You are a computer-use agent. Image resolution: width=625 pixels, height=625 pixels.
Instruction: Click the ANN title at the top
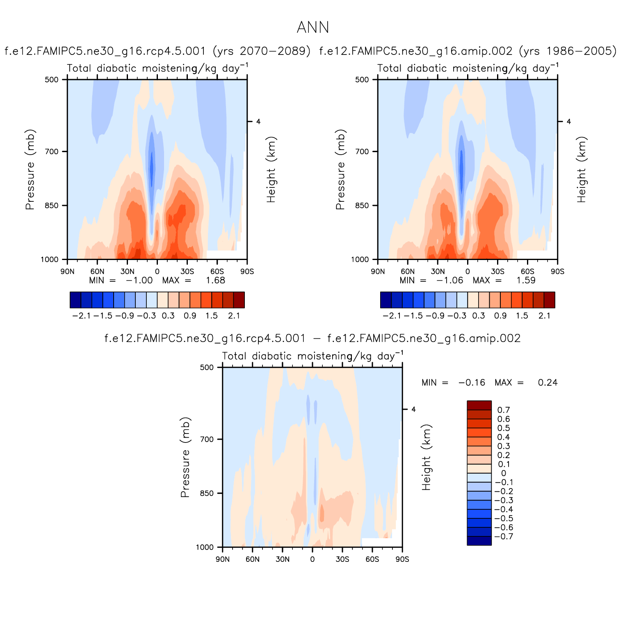click(x=312, y=28)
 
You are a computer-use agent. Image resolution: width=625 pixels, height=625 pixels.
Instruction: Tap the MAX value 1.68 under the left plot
click(x=216, y=281)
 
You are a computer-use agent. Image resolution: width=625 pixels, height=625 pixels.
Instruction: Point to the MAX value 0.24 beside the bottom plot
click(x=547, y=383)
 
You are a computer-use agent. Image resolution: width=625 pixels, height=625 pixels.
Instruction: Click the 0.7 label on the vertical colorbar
click(x=504, y=410)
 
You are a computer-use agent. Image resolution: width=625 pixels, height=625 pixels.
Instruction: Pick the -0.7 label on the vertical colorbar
click(x=504, y=536)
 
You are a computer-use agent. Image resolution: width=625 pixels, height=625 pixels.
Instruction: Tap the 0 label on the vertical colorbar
click(x=504, y=473)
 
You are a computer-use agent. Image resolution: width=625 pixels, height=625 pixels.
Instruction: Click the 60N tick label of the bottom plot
click(x=253, y=559)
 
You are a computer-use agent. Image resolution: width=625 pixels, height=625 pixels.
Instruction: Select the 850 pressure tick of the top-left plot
click(x=52, y=205)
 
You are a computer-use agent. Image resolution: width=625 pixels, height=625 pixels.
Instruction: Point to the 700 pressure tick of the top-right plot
click(x=362, y=152)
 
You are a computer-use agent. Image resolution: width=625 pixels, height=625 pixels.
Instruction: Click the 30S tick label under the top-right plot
click(x=497, y=271)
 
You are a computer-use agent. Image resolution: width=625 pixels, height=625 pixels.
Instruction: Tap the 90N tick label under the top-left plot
click(x=67, y=271)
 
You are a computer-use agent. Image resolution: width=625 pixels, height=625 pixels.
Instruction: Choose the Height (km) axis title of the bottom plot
click(x=427, y=457)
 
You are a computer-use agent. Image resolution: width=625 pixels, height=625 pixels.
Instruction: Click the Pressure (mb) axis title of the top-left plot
click(x=30, y=169)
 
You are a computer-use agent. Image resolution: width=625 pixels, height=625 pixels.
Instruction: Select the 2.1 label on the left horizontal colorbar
click(x=234, y=316)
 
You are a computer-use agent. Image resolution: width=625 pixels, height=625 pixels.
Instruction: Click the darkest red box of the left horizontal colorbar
click(x=239, y=300)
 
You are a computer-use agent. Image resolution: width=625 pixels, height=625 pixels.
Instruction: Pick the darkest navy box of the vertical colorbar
click(x=479, y=541)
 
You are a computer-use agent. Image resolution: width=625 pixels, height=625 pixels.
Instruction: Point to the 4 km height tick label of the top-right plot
click(x=568, y=121)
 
